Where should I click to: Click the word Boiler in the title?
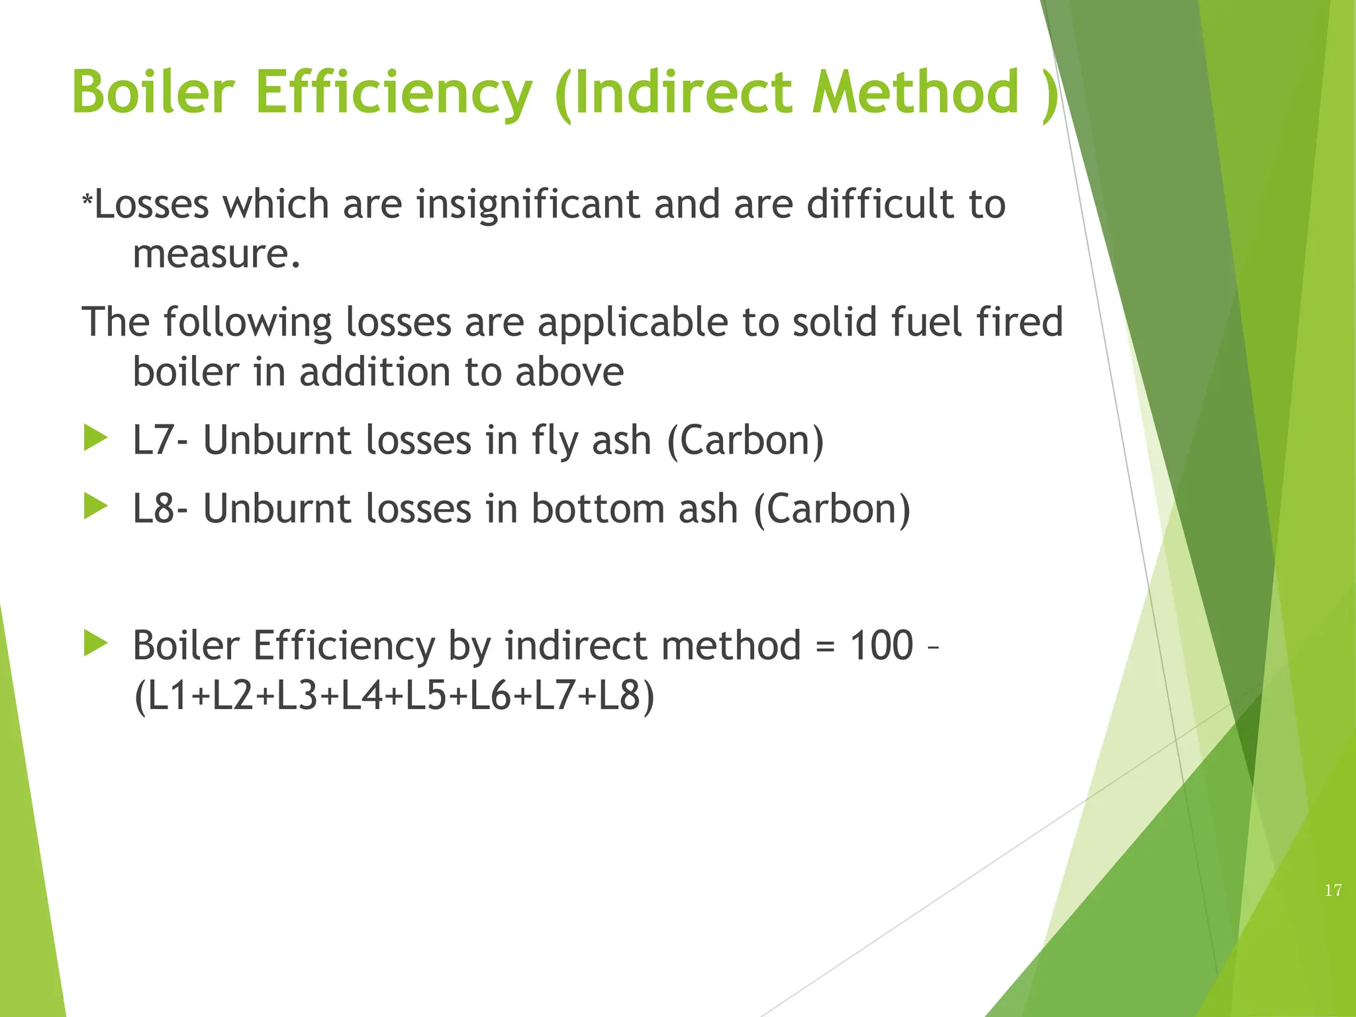153,92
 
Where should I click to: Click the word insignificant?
527,204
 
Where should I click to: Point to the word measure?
216,254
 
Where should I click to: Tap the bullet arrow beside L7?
96,439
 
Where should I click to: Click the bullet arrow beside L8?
96,507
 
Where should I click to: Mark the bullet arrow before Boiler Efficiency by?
96,644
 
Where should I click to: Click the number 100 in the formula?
881,645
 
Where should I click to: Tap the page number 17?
1333,891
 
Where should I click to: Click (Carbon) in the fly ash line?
746,441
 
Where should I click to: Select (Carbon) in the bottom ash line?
832,509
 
